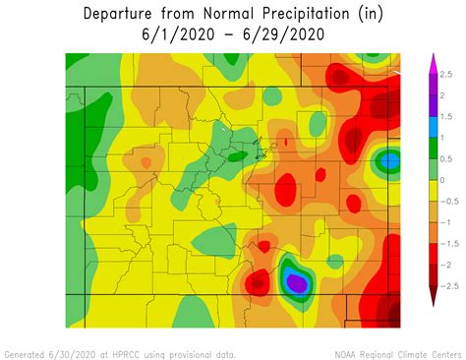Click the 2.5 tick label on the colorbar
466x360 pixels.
(x=445, y=74)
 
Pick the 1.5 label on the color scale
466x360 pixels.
(x=445, y=116)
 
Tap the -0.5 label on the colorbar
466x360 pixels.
(x=447, y=201)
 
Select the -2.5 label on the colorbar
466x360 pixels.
(x=447, y=285)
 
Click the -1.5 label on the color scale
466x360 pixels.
(x=447, y=243)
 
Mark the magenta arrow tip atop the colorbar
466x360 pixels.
(x=432, y=62)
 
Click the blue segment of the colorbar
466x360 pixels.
(x=432, y=127)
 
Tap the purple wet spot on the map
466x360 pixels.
(x=297, y=283)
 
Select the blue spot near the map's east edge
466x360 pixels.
(x=390, y=159)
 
